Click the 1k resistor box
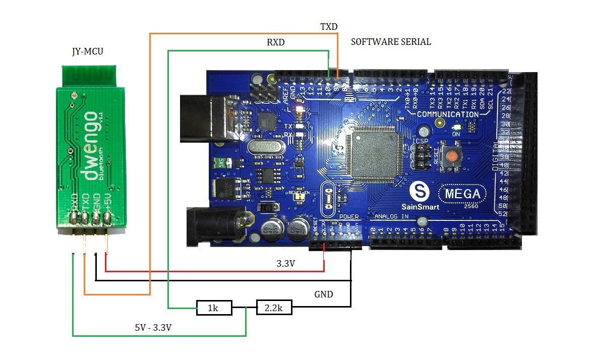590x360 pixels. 214,308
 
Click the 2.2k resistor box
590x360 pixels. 274,307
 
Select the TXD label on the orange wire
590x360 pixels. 329,26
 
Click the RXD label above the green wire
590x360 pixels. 276,43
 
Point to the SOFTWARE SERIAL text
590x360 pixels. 391,42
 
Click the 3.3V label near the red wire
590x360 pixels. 286,263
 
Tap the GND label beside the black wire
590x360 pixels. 323,294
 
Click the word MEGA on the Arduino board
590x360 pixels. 462,194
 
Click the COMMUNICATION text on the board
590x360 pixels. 447,114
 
